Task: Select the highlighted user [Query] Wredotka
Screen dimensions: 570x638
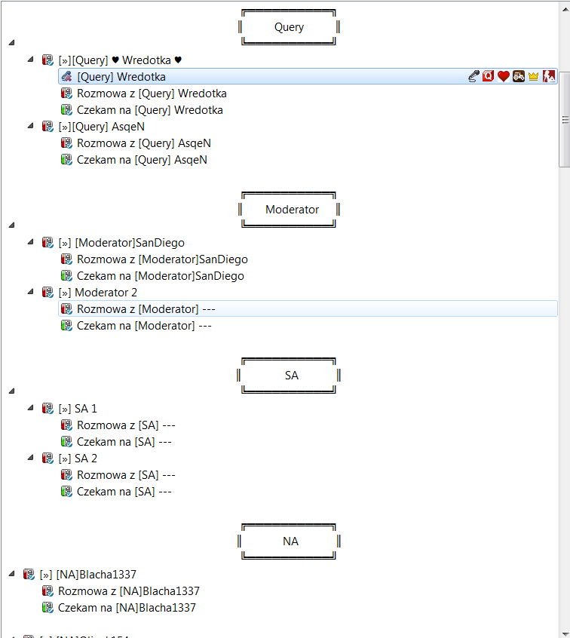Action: (121, 77)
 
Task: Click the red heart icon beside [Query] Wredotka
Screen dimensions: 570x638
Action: (504, 76)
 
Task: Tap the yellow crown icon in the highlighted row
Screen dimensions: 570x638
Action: (533, 76)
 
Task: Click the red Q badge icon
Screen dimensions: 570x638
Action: (489, 76)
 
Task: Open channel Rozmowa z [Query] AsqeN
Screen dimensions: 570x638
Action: (143, 143)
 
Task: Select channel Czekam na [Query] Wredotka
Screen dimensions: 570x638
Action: (150, 110)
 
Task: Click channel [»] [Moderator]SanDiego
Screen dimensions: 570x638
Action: (121, 243)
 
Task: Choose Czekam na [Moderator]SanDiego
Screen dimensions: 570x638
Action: (161, 276)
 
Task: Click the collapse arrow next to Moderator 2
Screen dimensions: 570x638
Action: (30, 292)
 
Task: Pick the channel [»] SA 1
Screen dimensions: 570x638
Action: (78, 409)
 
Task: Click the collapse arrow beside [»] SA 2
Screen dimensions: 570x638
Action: (30, 458)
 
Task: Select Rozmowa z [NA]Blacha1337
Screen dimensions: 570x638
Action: (129, 591)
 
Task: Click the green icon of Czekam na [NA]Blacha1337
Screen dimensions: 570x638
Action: (48, 608)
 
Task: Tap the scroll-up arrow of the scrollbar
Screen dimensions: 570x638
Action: (565, 9)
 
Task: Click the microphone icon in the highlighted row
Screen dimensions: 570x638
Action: (473, 76)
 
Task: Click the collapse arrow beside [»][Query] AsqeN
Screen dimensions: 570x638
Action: (30, 126)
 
